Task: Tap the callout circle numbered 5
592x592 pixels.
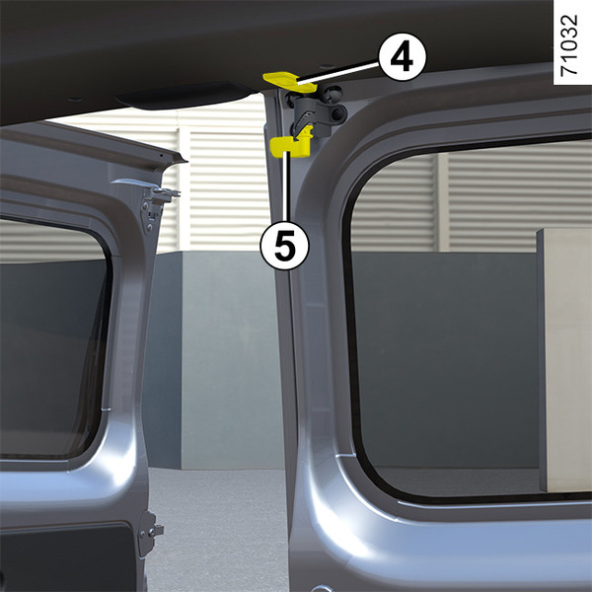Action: (x=285, y=246)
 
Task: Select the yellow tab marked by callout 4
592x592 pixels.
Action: (x=289, y=82)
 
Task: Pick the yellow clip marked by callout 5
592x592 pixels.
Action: (x=291, y=143)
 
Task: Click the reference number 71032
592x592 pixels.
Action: (x=569, y=45)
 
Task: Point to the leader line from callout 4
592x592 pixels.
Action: (x=337, y=72)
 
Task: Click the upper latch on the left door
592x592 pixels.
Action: (x=158, y=207)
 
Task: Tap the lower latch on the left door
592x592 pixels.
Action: (x=150, y=533)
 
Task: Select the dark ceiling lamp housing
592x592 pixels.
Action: (x=185, y=96)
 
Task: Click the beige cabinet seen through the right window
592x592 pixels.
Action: (x=564, y=360)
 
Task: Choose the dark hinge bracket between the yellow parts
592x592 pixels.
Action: (x=317, y=113)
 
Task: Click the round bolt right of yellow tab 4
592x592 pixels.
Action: (x=333, y=92)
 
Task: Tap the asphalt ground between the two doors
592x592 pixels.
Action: (x=218, y=529)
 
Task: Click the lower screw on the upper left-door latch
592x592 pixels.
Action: (x=150, y=227)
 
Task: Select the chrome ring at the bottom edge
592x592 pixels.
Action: (x=321, y=589)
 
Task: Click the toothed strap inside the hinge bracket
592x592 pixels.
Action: (x=303, y=120)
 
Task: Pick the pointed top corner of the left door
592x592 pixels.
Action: (x=186, y=162)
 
